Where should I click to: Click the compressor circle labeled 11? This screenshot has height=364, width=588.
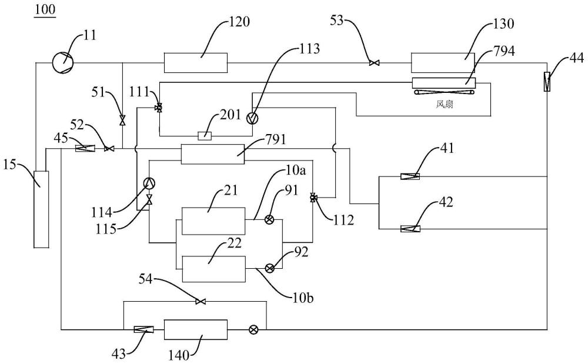point(62,62)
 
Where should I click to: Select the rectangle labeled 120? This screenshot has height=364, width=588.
point(195,62)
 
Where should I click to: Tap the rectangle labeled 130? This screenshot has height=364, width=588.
point(442,63)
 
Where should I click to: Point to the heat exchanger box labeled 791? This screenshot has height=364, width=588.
point(212,154)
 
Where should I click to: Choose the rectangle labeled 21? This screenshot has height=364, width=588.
point(213,221)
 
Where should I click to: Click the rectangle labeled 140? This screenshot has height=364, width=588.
point(195,329)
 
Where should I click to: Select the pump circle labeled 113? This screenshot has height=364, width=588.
point(253,118)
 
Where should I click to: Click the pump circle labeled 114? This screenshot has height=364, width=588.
point(149,183)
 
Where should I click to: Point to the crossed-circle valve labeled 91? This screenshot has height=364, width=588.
point(270,221)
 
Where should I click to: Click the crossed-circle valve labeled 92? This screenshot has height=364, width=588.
point(270,268)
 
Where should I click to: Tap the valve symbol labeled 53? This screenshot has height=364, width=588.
point(373,63)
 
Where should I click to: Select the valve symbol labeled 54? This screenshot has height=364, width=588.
point(201,302)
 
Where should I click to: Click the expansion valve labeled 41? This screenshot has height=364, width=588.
point(410,176)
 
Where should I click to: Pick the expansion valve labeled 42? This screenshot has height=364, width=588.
point(410,229)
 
